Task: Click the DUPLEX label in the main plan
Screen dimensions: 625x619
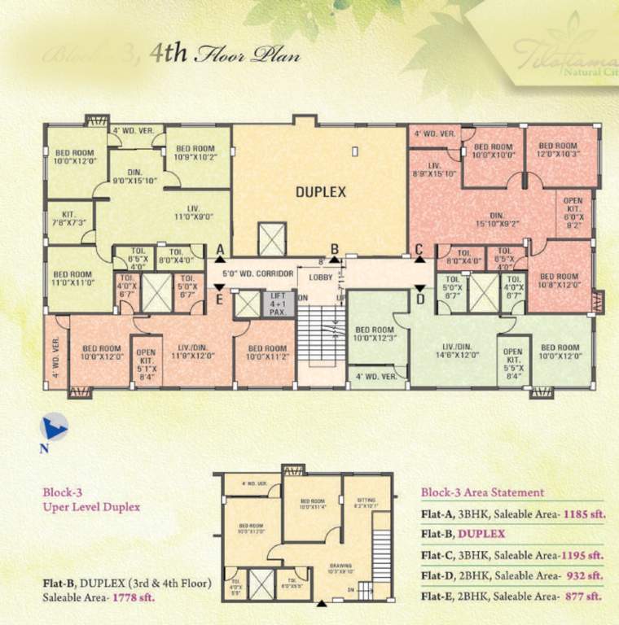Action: click(321, 192)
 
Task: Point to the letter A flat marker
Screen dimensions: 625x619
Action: click(220, 249)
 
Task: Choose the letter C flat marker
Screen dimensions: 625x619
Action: click(419, 250)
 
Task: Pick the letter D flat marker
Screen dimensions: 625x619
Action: click(420, 299)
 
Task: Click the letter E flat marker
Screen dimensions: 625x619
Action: click(219, 299)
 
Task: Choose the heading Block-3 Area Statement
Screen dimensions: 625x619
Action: click(482, 492)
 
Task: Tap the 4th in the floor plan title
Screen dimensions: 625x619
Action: click(169, 55)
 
